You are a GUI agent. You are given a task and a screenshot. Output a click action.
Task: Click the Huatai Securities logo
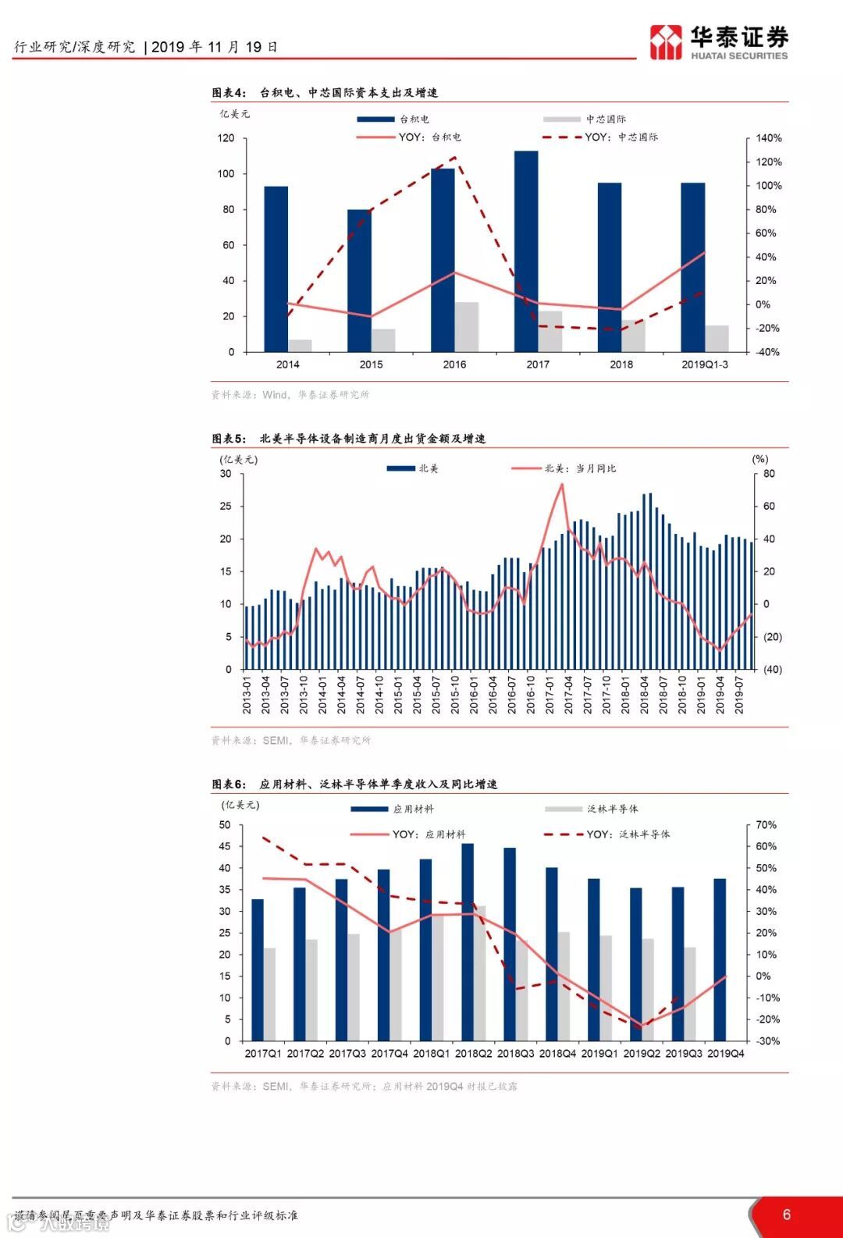[x=718, y=42]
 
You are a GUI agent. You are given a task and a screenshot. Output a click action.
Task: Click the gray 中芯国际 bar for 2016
[x=466, y=326]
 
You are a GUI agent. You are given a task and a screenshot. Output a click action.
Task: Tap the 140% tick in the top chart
[x=768, y=138]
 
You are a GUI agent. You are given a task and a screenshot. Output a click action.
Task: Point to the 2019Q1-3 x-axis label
[x=704, y=365]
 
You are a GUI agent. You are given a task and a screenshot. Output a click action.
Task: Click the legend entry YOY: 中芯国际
[x=621, y=137]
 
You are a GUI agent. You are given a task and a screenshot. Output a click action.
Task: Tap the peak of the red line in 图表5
[x=562, y=485]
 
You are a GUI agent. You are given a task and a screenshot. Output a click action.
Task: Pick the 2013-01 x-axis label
[x=247, y=695]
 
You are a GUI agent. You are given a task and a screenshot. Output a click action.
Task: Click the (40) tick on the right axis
[x=772, y=670]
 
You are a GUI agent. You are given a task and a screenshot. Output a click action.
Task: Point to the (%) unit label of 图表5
[x=759, y=459]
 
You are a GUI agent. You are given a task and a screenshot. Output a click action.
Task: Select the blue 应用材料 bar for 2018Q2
[x=468, y=941]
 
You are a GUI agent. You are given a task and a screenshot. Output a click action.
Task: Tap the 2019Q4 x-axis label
[x=725, y=1053]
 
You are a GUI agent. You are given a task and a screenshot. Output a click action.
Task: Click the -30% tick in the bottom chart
[x=767, y=1041]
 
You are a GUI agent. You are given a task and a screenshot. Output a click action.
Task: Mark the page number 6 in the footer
[x=786, y=1215]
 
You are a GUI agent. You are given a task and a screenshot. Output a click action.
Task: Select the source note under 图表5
[x=291, y=740]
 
